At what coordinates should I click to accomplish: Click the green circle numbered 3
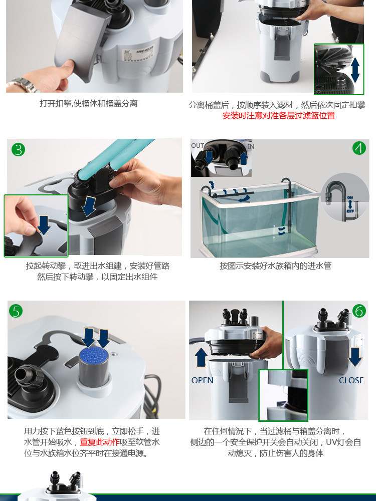click(18, 149)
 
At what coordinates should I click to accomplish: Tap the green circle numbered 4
click(359, 148)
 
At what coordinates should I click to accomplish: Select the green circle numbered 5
click(16, 311)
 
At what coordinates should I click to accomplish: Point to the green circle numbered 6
click(359, 311)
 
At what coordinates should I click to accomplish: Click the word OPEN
click(203, 380)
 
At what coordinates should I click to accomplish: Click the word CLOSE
click(351, 380)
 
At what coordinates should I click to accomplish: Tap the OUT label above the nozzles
click(197, 146)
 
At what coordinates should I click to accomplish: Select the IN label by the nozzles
click(251, 146)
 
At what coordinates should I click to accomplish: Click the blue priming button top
click(94, 355)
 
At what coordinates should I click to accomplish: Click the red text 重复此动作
click(100, 442)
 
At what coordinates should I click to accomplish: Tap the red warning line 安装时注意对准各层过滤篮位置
click(278, 116)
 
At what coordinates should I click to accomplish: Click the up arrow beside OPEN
click(201, 358)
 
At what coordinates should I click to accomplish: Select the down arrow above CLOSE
click(354, 357)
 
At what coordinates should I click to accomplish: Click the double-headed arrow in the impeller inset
click(355, 70)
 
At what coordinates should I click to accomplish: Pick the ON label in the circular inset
click(350, 198)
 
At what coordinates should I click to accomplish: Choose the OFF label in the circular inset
click(350, 211)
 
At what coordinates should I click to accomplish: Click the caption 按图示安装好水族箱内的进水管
click(276, 266)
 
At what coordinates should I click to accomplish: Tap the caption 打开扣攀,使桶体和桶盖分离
click(89, 104)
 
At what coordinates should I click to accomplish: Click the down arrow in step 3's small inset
click(44, 225)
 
